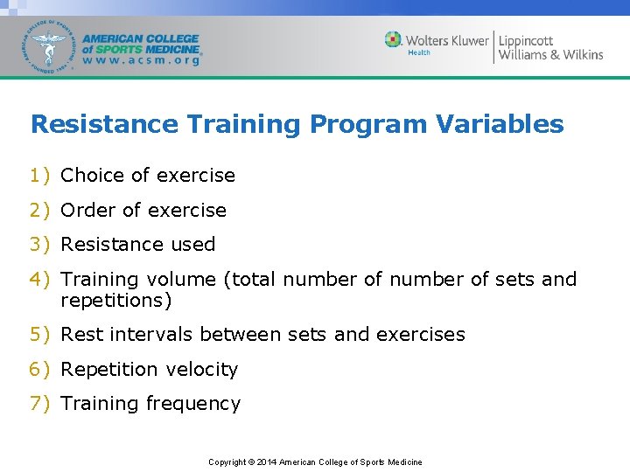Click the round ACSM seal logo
click(x=50, y=46)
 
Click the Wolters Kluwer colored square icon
click(x=394, y=40)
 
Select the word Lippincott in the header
click(x=526, y=40)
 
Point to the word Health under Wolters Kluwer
click(x=419, y=53)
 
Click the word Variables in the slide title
click(x=502, y=124)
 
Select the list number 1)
click(x=40, y=176)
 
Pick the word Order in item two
click(x=87, y=211)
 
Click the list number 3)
click(x=40, y=245)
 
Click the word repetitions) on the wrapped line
click(x=116, y=302)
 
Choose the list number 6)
click(x=40, y=370)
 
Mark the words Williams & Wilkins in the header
click(x=550, y=55)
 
